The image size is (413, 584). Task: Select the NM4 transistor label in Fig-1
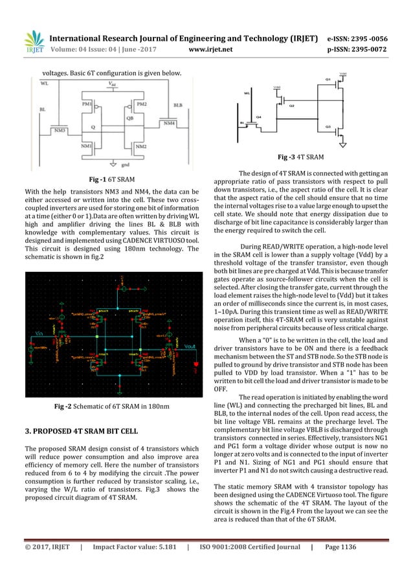[170, 122]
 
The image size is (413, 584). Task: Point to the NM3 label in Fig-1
[60, 130]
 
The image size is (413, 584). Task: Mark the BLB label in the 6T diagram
[178, 104]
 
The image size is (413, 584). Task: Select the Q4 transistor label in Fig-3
[259, 117]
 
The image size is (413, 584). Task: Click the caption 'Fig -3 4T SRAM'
[301, 157]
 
